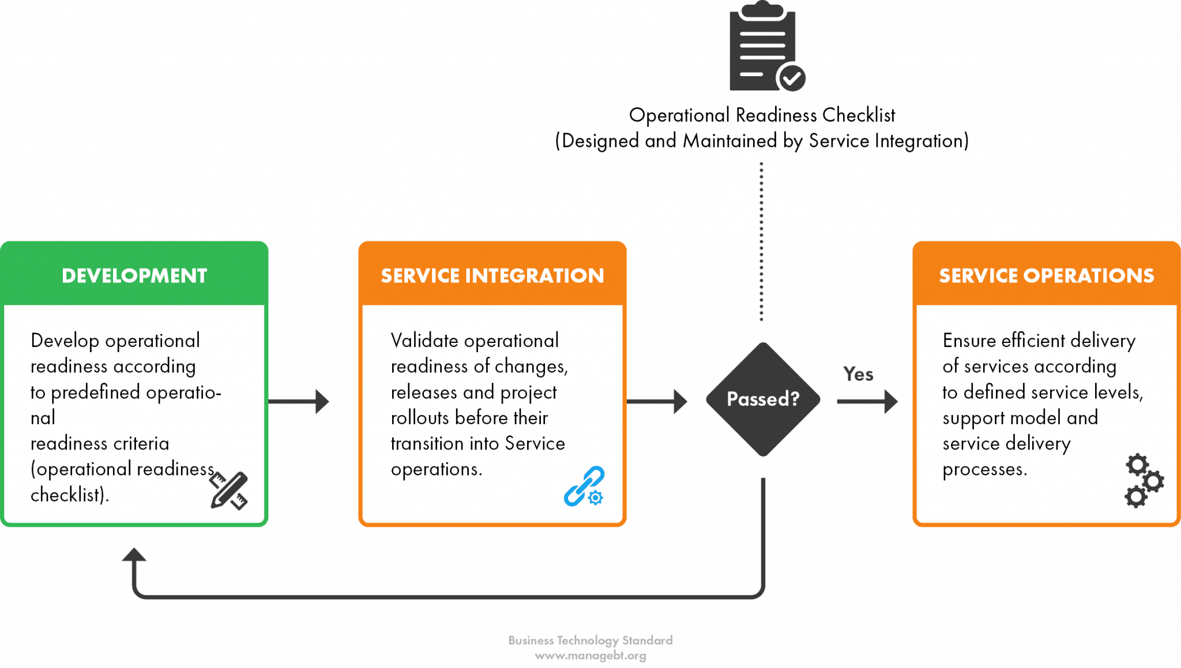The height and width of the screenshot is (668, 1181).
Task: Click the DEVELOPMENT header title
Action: pos(134,275)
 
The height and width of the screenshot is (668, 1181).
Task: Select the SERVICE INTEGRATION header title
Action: pos(492,275)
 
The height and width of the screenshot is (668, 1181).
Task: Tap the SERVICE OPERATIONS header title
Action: pos(1046,275)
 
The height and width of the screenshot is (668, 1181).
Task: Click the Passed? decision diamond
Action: pos(762,399)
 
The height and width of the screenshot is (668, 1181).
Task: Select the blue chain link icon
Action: pos(584,487)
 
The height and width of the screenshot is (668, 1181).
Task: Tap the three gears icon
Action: pos(1144,481)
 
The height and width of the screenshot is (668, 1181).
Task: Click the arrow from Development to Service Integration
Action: pos(300,400)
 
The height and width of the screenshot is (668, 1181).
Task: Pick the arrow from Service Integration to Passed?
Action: pos(657,400)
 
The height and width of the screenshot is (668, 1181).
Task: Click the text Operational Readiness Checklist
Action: pos(762,115)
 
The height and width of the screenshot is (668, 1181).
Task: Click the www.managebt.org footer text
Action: pos(590,656)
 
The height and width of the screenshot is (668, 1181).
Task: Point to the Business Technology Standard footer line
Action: pos(590,640)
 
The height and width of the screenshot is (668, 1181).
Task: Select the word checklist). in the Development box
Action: pos(70,495)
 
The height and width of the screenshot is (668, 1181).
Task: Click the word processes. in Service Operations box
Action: pos(984,469)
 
